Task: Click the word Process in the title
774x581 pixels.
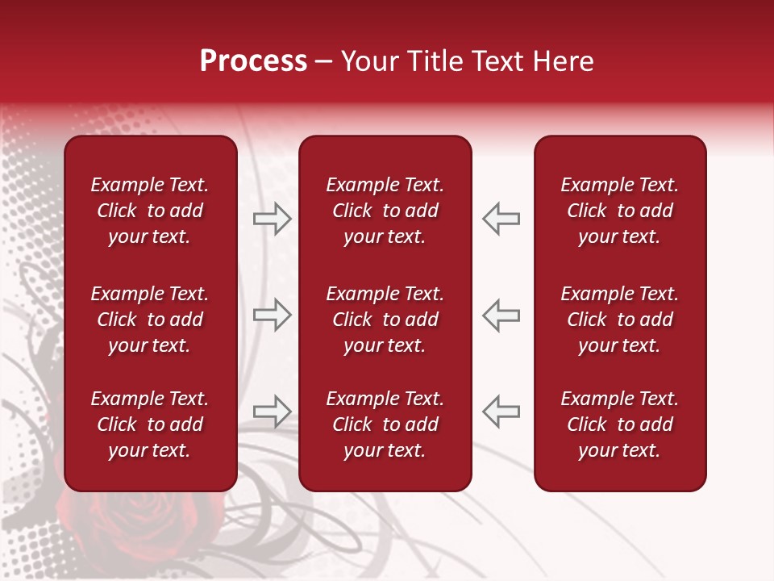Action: click(x=253, y=61)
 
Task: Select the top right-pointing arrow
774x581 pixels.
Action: click(x=272, y=219)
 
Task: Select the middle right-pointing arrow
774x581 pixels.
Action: click(x=272, y=315)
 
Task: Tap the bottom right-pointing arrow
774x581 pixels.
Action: click(x=272, y=411)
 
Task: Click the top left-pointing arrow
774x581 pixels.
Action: click(x=501, y=219)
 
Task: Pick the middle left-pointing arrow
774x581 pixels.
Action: click(x=501, y=315)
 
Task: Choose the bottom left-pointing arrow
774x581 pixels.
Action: click(x=501, y=411)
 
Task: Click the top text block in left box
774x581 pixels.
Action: click(x=150, y=211)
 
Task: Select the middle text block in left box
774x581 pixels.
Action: click(x=150, y=320)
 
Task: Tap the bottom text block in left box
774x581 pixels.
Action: click(x=150, y=424)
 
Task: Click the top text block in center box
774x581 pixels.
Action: click(x=385, y=211)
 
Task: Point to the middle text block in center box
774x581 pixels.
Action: click(x=385, y=320)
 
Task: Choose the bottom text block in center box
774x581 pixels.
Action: click(x=385, y=424)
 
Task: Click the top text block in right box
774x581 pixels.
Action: click(x=619, y=211)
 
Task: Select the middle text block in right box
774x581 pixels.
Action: click(x=619, y=320)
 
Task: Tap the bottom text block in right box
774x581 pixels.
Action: click(x=619, y=424)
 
